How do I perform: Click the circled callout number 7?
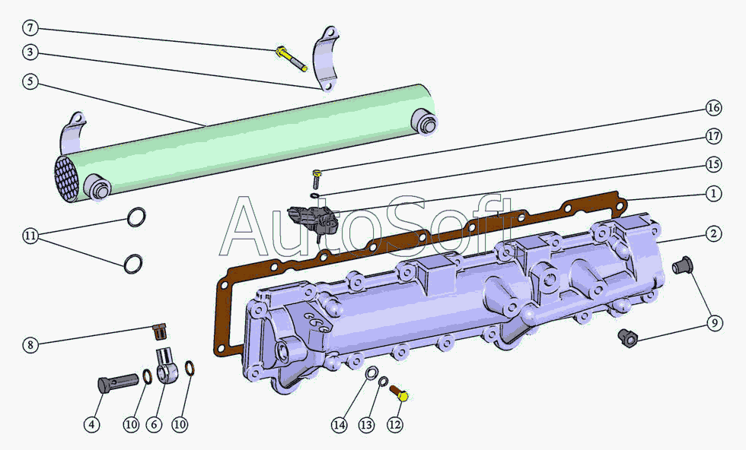pyautogui.click(x=30, y=27)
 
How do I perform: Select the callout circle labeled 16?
pyautogui.click(x=713, y=108)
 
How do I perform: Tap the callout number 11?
pyautogui.click(x=30, y=236)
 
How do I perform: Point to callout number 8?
pyautogui.click(x=30, y=344)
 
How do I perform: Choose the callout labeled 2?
pyautogui.click(x=713, y=234)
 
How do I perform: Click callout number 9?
pyautogui.click(x=714, y=323)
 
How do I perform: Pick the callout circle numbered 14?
pyautogui.click(x=340, y=425)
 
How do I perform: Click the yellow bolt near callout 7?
pyautogui.click(x=291, y=59)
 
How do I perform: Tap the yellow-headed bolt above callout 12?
pyautogui.click(x=399, y=394)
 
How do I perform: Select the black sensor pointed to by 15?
pyautogui.click(x=314, y=220)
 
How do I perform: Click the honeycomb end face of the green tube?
pyautogui.click(x=66, y=178)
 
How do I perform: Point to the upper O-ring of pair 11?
pyautogui.click(x=136, y=217)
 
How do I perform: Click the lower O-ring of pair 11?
pyautogui.click(x=133, y=264)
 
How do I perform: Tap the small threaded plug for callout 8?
pyautogui.click(x=160, y=331)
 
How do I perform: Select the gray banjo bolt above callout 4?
pyautogui.click(x=119, y=382)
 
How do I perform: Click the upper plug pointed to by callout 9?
pyautogui.click(x=682, y=265)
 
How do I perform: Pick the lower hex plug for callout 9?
pyautogui.click(x=627, y=337)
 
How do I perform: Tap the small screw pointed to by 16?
pyautogui.click(x=316, y=179)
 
